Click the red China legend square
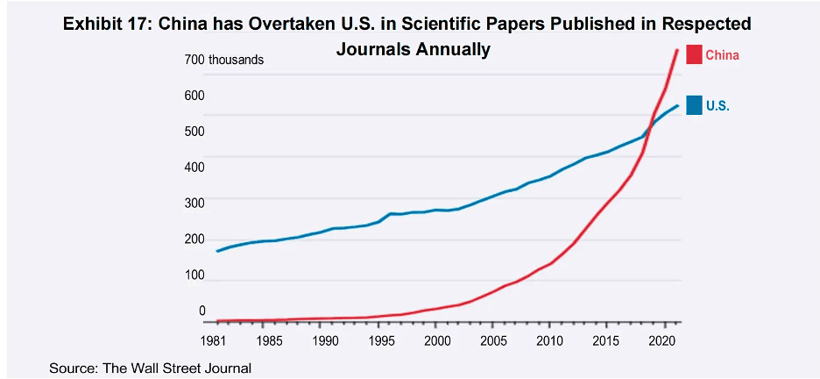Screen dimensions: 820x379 click(x=695, y=54)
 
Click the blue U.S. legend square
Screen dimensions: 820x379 click(x=695, y=105)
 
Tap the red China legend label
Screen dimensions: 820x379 click(x=722, y=55)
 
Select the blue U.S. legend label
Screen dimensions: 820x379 click(x=717, y=106)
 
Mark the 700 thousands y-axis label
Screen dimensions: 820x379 click(x=223, y=60)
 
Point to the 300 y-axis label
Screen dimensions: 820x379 click(x=194, y=204)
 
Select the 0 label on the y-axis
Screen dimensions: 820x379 click(x=201, y=311)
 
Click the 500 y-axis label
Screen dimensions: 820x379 click(x=194, y=132)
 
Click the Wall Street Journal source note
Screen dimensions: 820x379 click(x=151, y=368)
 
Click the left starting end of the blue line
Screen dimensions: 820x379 click(x=217, y=251)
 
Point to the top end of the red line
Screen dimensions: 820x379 click(x=677, y=50)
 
